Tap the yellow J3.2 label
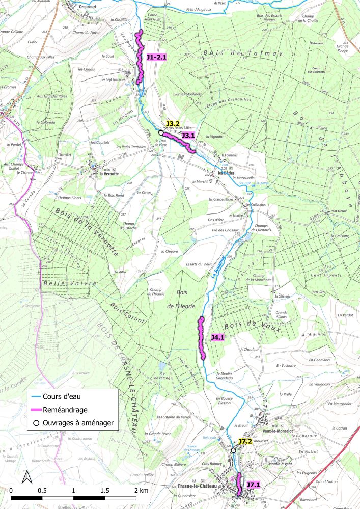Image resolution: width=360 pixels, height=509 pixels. (x=173, y=124)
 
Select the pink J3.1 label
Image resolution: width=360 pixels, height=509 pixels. (x=188, y=135)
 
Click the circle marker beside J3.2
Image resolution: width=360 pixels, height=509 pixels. (x=161, y=132)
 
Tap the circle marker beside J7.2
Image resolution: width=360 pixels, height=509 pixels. (x=233, y=450)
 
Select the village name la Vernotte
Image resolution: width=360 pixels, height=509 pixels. (x=108, y=173)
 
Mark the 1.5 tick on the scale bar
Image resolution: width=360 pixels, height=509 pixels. (x=104, y=490)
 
